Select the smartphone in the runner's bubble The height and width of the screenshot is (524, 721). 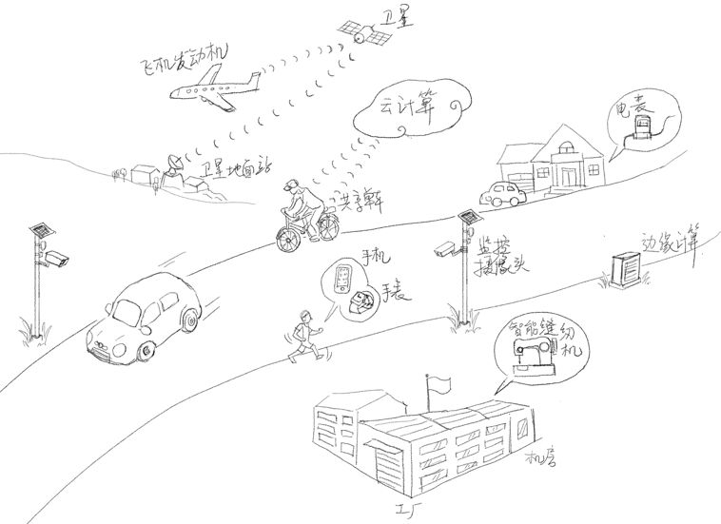click(342, 278)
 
